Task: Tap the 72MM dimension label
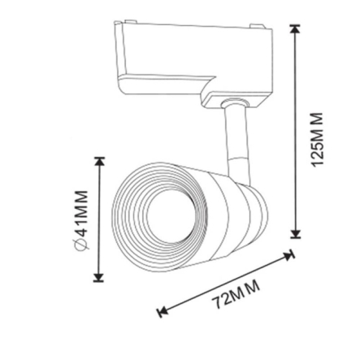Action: tap(236, 296)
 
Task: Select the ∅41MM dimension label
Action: tap(82, 219)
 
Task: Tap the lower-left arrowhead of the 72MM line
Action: tap(162, 311)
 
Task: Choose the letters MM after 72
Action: tap(246, 291)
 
